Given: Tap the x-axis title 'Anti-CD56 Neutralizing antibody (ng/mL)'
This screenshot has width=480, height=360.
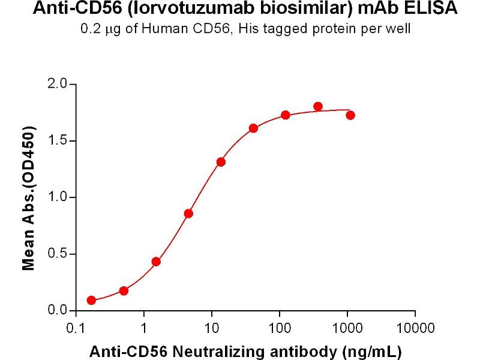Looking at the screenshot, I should (x=245, y=350).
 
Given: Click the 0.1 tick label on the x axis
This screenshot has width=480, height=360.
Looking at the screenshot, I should (x=76, y=328).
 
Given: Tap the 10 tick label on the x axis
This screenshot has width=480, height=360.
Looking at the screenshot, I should (x=211, y=328).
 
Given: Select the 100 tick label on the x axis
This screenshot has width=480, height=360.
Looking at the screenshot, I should (x=279, y=328).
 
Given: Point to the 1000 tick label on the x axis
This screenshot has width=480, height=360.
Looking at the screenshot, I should (x=347, y=328).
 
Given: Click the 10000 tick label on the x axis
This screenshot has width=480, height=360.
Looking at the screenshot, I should (x=415, y=328).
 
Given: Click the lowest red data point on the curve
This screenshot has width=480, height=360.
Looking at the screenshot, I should (x=91, y=301).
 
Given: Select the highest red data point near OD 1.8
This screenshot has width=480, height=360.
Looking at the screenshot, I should (x=318, y=107).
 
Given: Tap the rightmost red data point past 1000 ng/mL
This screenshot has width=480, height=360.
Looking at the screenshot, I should (x=350, y=115).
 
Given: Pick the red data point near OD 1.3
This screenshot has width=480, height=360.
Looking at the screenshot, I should (x=221, y=162).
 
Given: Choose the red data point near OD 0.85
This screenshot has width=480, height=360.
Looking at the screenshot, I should (x=188, y=214).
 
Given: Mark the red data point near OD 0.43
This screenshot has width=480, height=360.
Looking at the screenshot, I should (x=156, y=262).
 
